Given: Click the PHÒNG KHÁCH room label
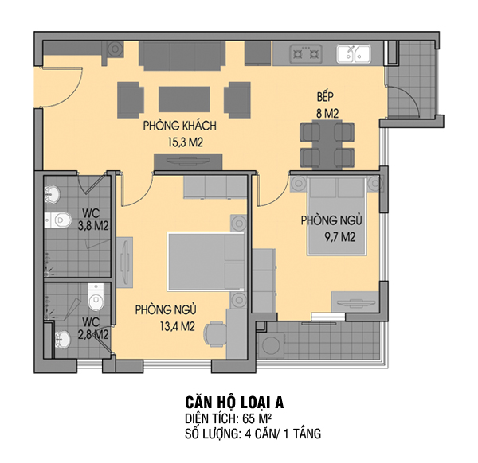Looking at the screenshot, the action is click(180, 126).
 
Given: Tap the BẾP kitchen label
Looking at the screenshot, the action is click(325, 96).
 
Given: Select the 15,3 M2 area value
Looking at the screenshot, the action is click(186, 142).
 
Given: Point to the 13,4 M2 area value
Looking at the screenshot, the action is click(177, 327).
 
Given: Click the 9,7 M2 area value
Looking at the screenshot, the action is click(339, 237).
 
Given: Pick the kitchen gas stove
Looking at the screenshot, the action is click(306, 54).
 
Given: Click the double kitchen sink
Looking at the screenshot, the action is click(354, 54).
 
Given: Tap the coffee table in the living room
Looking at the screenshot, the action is click(184, 99).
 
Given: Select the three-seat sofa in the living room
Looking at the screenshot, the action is click(182, 56).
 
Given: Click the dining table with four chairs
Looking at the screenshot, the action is click(327, 144).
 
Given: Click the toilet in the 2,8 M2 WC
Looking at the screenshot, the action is click(96, 297).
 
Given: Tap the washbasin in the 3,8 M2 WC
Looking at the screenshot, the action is click(52, 194).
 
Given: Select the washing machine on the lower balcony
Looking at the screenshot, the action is click(271, 346).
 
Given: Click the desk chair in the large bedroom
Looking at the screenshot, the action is click(215, 334).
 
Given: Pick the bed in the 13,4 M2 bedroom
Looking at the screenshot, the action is click(206, 262).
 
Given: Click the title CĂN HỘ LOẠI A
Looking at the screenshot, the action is click(234, 402).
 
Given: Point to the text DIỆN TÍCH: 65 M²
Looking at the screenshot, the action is click(228, 419).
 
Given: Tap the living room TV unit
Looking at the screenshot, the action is click(188, 161).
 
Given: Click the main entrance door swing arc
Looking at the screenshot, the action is click(74, 93).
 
